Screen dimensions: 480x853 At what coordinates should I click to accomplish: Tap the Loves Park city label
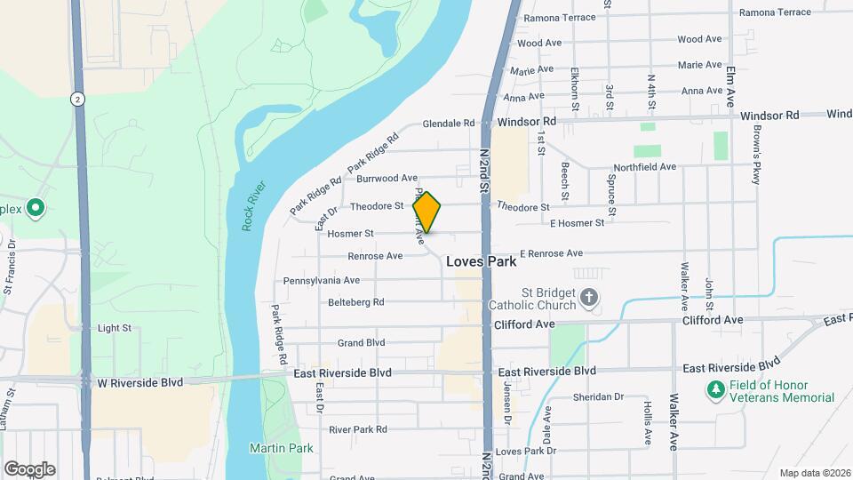481,261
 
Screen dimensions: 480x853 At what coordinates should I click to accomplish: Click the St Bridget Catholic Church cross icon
589,297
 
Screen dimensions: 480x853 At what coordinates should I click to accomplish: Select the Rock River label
253,208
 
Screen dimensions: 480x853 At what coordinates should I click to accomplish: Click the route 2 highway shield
78,100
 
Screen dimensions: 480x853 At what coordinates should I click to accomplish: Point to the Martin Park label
281,448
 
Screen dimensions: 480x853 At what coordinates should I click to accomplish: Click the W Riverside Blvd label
140,381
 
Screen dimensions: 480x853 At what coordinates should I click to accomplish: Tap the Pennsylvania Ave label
321,280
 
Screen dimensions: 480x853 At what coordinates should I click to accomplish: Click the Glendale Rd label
450,124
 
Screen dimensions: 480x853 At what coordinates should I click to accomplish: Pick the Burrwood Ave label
387,179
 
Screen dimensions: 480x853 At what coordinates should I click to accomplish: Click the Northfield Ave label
645,167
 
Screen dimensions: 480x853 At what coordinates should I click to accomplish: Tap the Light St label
114,328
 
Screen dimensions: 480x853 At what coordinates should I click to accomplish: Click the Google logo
29,469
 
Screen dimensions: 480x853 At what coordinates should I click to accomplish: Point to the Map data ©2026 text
814,473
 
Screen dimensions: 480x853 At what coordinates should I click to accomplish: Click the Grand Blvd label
361,343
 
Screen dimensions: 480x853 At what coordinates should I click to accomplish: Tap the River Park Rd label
357,429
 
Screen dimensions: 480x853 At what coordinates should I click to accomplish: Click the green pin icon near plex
36,209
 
